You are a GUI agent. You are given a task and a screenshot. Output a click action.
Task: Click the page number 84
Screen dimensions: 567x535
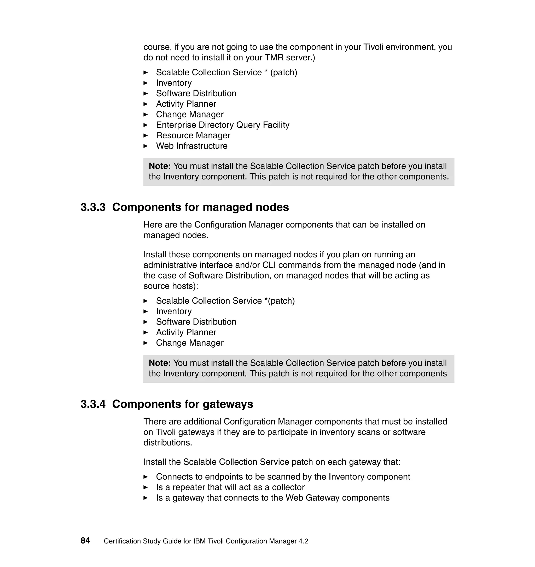85,540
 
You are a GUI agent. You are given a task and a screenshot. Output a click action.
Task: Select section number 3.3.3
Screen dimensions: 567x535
93,207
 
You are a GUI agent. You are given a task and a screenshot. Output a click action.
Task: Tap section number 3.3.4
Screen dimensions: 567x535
93,404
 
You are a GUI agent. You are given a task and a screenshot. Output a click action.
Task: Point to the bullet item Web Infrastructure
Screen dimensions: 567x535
192,146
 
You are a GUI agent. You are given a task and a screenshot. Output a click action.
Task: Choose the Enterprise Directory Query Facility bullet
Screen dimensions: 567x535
223,125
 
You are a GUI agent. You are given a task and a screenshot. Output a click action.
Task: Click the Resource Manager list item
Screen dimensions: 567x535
193,135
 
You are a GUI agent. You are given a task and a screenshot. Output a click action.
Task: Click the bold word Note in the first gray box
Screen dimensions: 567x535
159,166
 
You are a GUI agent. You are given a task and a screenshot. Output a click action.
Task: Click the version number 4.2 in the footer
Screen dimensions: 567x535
303,541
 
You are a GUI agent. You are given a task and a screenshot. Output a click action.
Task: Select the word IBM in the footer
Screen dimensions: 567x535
199,541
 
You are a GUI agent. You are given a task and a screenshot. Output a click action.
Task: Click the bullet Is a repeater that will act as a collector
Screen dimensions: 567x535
230,487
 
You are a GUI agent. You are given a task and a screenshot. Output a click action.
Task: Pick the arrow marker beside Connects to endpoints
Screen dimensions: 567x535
146,477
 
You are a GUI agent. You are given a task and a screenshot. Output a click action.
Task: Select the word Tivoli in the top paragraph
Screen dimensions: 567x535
373,47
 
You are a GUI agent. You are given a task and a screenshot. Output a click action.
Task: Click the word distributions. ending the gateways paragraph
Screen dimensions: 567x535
168,443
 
